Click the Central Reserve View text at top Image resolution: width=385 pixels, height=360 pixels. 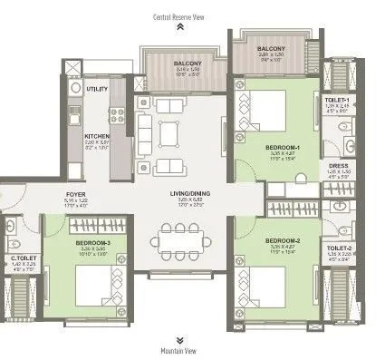(179, 16)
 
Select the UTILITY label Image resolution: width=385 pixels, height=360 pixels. (97, 90)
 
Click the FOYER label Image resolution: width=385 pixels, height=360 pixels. (75, 193)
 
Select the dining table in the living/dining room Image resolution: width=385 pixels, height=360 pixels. (178, 239)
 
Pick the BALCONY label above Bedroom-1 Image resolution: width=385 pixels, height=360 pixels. (273, 48)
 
